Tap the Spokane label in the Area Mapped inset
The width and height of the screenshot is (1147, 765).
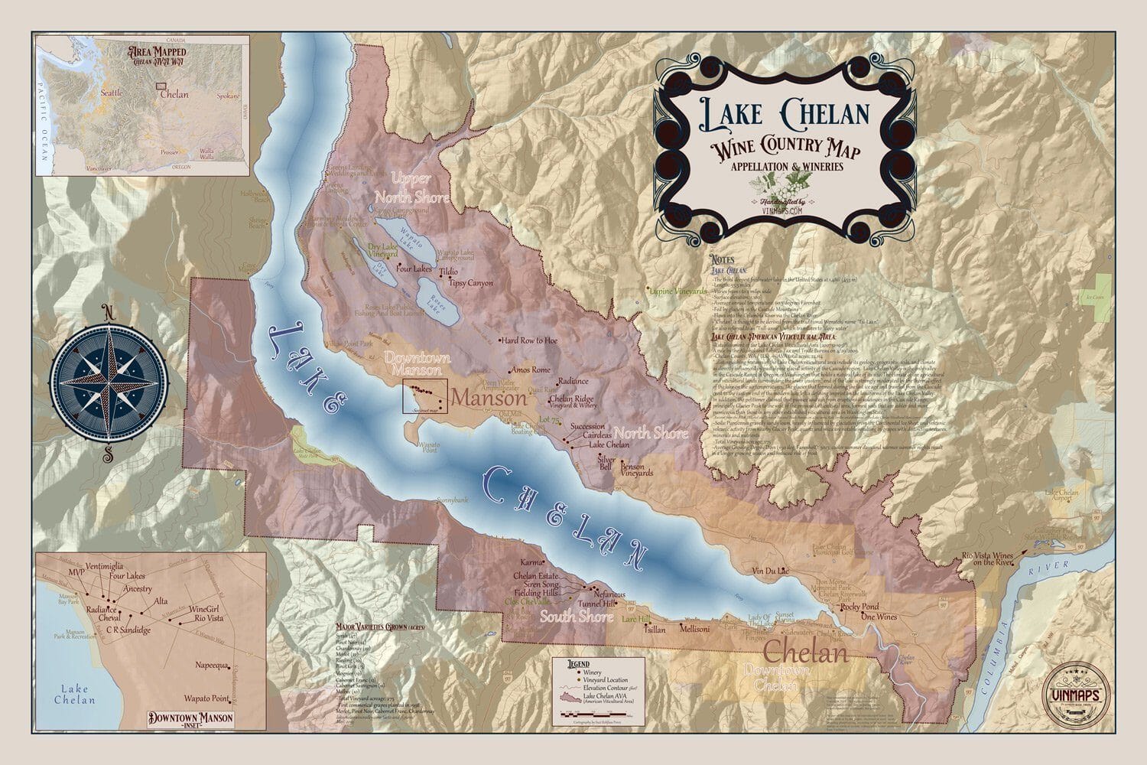tap(229, 96)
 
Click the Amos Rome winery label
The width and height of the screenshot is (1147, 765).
tap(530, 369)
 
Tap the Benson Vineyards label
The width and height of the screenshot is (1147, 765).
tap(637, 469)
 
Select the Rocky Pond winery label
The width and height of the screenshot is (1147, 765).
tap(859, 607)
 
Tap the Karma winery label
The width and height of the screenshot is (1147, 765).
tap(531, 562)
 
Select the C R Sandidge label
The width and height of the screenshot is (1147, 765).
tap(128, 630)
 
